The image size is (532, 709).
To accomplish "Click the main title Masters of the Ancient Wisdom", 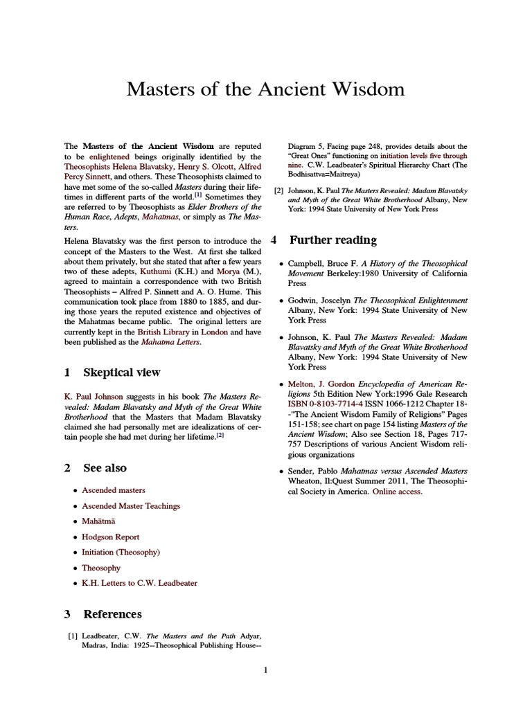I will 265,90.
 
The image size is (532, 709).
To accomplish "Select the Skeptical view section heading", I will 121,373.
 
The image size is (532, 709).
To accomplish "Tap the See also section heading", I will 105,468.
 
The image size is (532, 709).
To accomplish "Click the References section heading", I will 112,614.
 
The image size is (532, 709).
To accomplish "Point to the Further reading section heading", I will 332,240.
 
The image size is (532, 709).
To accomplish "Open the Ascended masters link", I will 114,490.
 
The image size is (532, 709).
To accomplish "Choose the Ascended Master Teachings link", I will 131,506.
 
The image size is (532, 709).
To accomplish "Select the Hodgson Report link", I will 110,537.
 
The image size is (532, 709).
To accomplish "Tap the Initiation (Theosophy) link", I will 121,552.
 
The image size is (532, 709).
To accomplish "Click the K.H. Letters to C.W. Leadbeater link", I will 139,584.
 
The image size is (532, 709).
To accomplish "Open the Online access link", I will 397,492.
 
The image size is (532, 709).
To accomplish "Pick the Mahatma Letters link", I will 170,343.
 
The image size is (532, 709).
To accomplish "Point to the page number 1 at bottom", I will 265,670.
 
